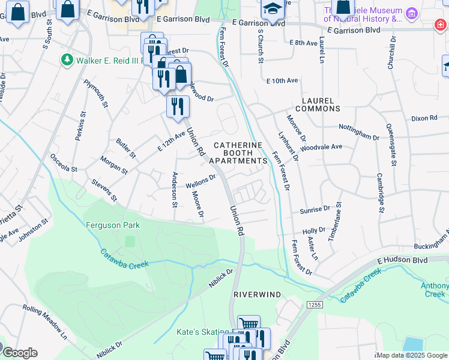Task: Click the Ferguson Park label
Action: coord(112,225)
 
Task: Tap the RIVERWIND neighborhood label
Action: coord(257,295)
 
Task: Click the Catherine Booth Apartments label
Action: coord(238,153)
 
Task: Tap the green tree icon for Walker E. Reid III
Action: coord(67,60)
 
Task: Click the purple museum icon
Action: coord(411,13)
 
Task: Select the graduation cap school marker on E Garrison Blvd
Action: coord(272,9)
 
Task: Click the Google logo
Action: coord(19,353)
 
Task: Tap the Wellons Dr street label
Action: coord(200,181)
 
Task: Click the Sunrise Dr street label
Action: coord(315,210)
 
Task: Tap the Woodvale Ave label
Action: coord(321,147)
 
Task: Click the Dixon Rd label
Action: coord(424,118)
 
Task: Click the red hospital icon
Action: coord(441,24)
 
